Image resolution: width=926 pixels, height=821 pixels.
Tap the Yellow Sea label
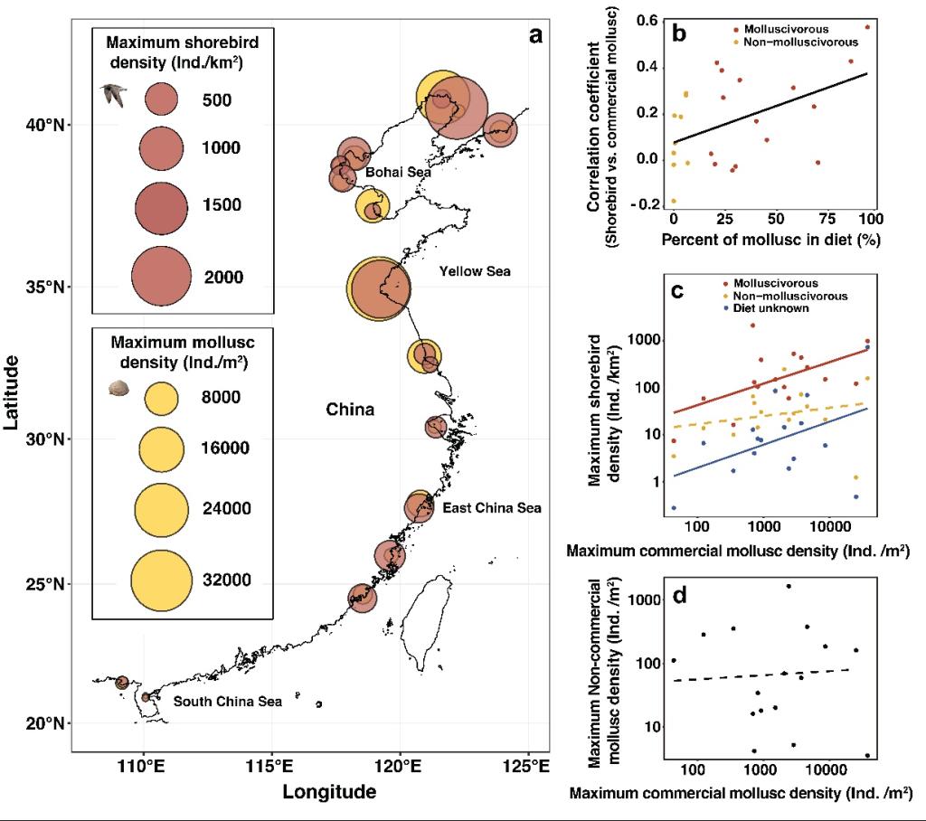475,270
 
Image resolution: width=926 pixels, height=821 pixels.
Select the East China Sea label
492,508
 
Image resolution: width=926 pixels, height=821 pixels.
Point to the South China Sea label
228,702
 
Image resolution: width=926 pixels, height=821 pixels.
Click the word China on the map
350,410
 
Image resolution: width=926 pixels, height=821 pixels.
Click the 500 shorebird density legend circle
162,99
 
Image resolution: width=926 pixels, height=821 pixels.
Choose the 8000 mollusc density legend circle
162,397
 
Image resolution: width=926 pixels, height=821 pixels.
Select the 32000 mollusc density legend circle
162,580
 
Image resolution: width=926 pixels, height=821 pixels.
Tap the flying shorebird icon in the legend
112,94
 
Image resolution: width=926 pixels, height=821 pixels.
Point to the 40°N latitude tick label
48,125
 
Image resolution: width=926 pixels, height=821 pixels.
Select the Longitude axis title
329,793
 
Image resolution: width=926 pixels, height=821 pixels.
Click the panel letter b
677,34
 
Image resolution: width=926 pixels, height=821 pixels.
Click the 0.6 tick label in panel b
645,22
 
